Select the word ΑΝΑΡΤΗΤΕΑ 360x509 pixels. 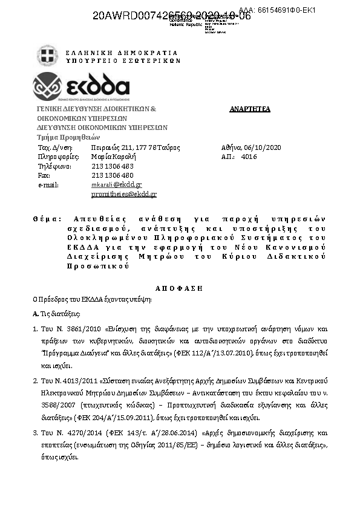(x=250, y=109)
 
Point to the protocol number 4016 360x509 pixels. (x=249, y=157)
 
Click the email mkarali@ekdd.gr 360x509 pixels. (x=117, y=184)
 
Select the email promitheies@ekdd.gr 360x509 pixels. (x=124, y=194)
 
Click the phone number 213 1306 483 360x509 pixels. (x=113, y=166)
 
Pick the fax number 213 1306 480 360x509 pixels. (x=113, y=175)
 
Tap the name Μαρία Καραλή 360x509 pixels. (x=113, y=157)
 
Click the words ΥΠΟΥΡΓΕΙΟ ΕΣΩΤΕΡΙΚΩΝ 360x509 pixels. (x=123, y=60)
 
